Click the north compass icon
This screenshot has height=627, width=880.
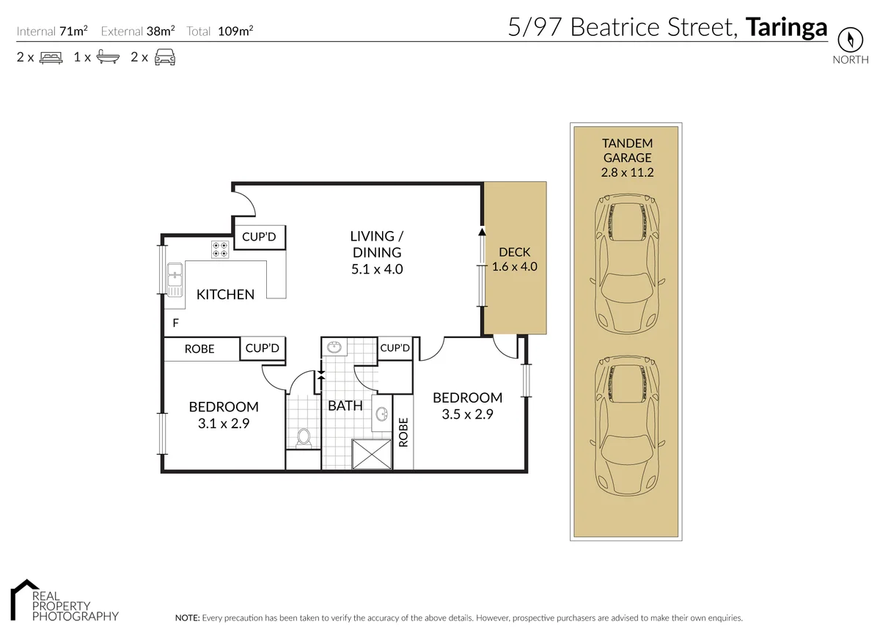tap(851, 39)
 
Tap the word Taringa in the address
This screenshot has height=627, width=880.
tap(786, 27)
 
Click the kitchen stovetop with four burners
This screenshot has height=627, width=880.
tap(220, 249)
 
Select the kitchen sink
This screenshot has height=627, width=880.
tap(175, 280)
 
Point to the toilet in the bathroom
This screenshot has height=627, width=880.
tap(303, 438)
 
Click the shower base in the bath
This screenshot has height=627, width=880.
tap(373, 454)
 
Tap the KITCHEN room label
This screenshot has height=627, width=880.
tap(225, 294)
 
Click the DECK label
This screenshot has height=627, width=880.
tap(514, 252)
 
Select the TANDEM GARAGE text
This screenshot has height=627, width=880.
tap(627, 150)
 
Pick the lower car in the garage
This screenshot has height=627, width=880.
tap(627, 425)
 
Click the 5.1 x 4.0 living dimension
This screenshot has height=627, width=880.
tap(377, 269)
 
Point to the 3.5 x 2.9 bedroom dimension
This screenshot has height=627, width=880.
tap(467, 414)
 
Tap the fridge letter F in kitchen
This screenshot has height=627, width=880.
tap(175, 323)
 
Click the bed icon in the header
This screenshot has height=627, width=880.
tap(51, 56)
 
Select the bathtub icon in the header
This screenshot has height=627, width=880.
tap(108, 56)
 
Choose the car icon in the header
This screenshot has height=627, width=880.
tap(164, 56)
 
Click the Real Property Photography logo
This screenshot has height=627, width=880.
tap(64, 601)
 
